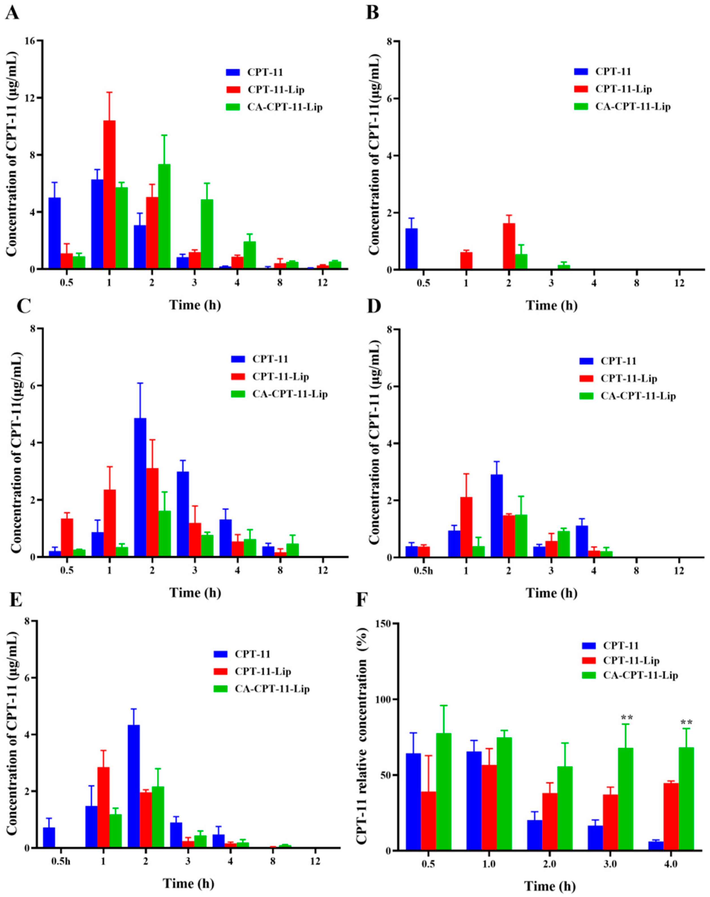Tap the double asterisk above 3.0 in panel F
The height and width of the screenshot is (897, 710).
pyautogui.click(x=627, y=718)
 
